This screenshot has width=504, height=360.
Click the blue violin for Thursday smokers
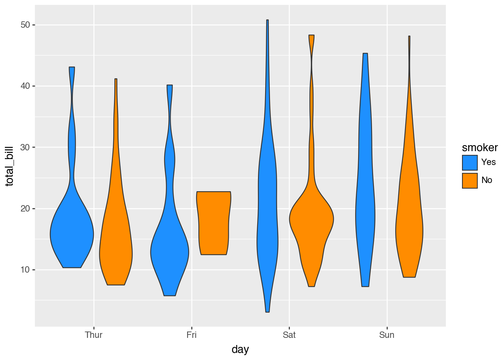click(72, 232)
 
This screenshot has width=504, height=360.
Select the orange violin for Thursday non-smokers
click(116, 247)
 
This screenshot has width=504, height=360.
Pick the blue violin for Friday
click(169, 251)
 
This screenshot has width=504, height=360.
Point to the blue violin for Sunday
click(365, 217)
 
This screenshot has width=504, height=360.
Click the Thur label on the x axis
click(94, 335)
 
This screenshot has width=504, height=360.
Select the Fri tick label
click(192, 335)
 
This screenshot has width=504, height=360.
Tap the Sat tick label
click(289, 335)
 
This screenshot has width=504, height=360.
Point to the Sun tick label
click(387, 335)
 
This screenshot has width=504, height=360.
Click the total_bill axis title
click(10, 166)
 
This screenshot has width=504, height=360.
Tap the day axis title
click(240, 349)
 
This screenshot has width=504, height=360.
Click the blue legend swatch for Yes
click(470, 163)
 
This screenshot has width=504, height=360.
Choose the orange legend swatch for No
click(470, 180)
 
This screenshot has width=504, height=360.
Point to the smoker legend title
click(480, 148)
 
